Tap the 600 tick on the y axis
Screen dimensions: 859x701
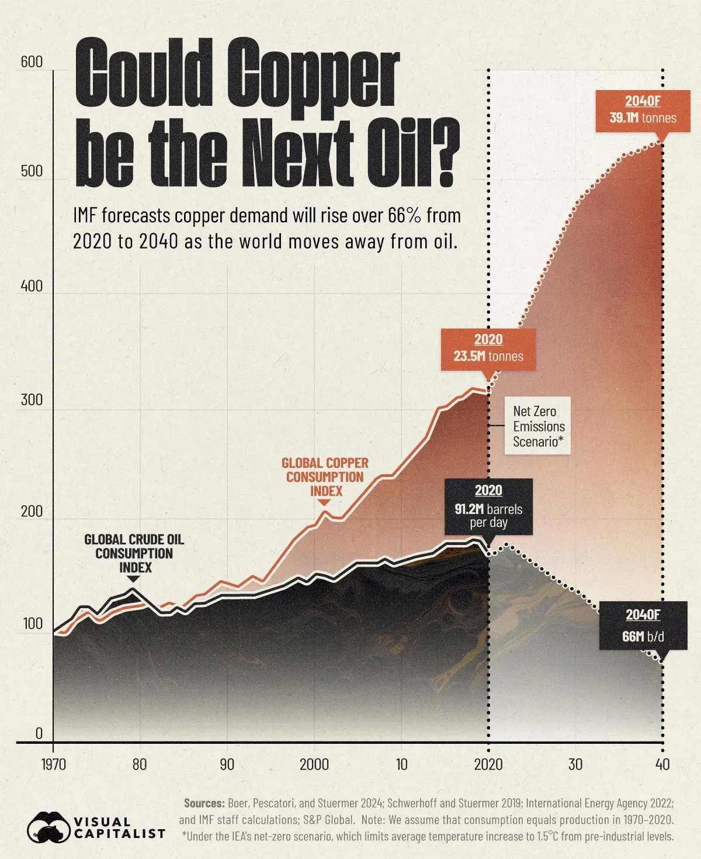click(x=32, y=62)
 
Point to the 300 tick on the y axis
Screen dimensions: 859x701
click(x=32, y=400)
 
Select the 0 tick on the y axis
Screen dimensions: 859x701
click(x=39, y=733)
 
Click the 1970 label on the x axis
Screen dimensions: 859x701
click(x=53, y=764)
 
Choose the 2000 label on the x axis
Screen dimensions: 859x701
click(x=314, y=764)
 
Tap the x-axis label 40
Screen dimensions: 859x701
click(x=662, y=764)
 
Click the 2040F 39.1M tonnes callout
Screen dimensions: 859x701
click(x=643, y=110)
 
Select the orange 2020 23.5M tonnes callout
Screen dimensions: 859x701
click(x=488, y=349)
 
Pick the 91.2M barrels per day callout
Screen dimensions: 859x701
click(x=488, y=507)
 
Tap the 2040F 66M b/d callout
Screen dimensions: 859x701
click(x=643, y=626)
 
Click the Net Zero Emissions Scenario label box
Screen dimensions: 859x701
click(x=538, y=427)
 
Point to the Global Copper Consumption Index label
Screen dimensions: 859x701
click(x=325, y=477)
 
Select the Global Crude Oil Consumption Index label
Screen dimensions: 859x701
click(x=134, y=553)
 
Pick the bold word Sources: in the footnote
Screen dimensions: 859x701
click(x=204, y=803)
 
